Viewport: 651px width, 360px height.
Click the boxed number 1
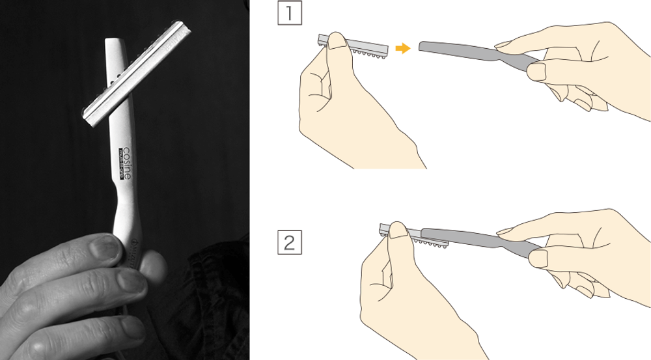point(290,14)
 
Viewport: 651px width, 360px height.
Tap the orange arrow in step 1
point(403,48)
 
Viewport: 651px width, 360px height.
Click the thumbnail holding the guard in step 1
point(337,42)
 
